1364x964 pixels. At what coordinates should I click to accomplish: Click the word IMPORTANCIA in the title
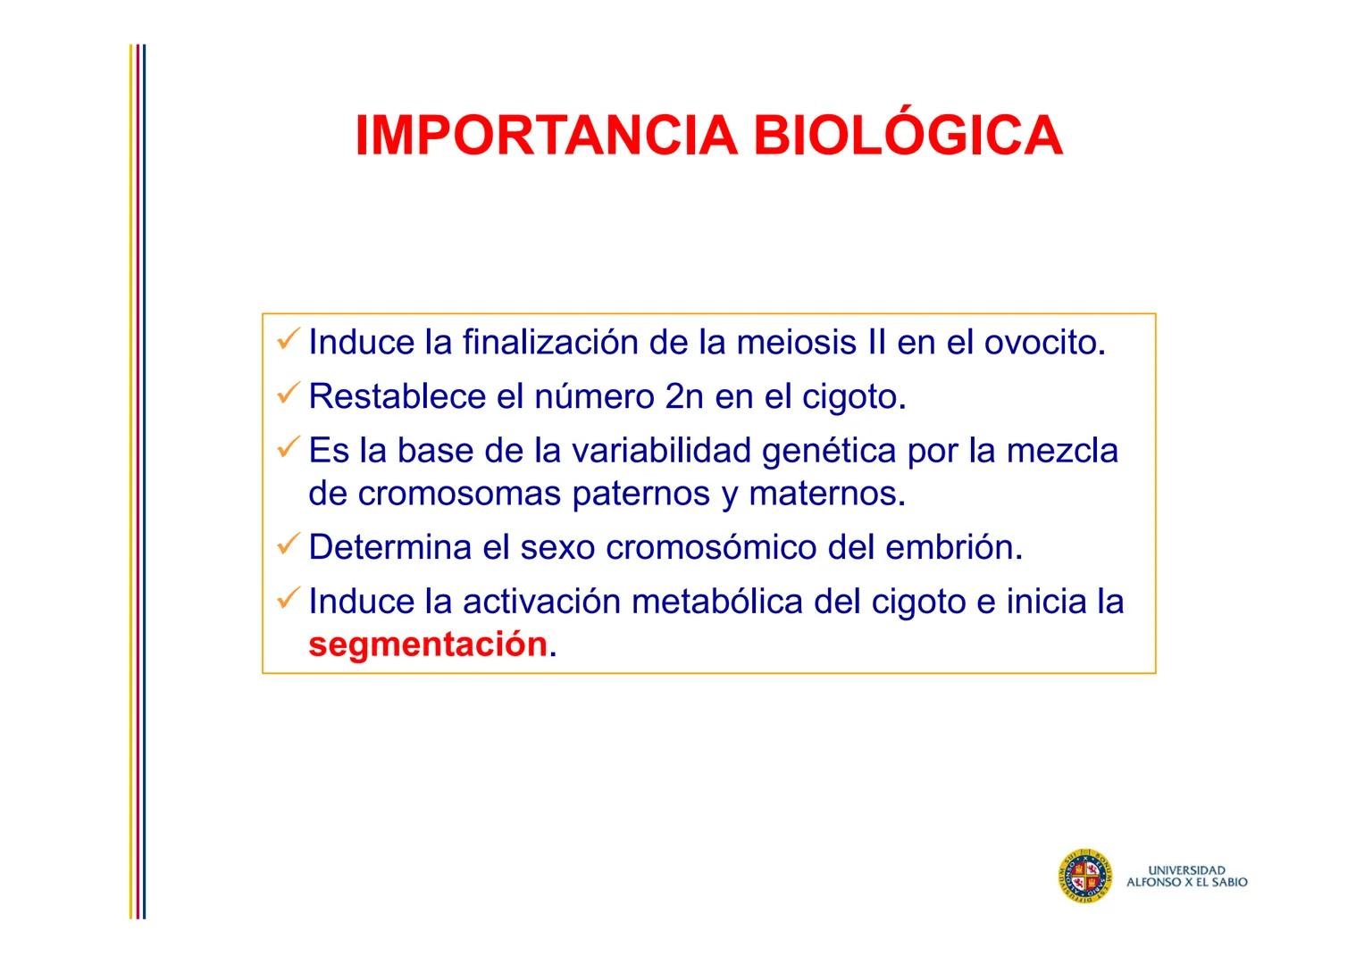coord(546,137)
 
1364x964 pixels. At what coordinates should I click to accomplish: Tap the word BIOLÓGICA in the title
coord(908,137)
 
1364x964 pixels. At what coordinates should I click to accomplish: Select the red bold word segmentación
coord(427,644)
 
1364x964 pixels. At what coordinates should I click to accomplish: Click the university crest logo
coord(1084,876)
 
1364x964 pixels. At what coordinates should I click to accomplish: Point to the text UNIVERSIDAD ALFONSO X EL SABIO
coord(1186,876)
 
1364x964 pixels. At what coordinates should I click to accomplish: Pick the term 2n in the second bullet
coord(684,397)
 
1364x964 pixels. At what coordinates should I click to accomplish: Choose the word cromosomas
coord(459,494)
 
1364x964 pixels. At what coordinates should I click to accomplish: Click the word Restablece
coord(397,397)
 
